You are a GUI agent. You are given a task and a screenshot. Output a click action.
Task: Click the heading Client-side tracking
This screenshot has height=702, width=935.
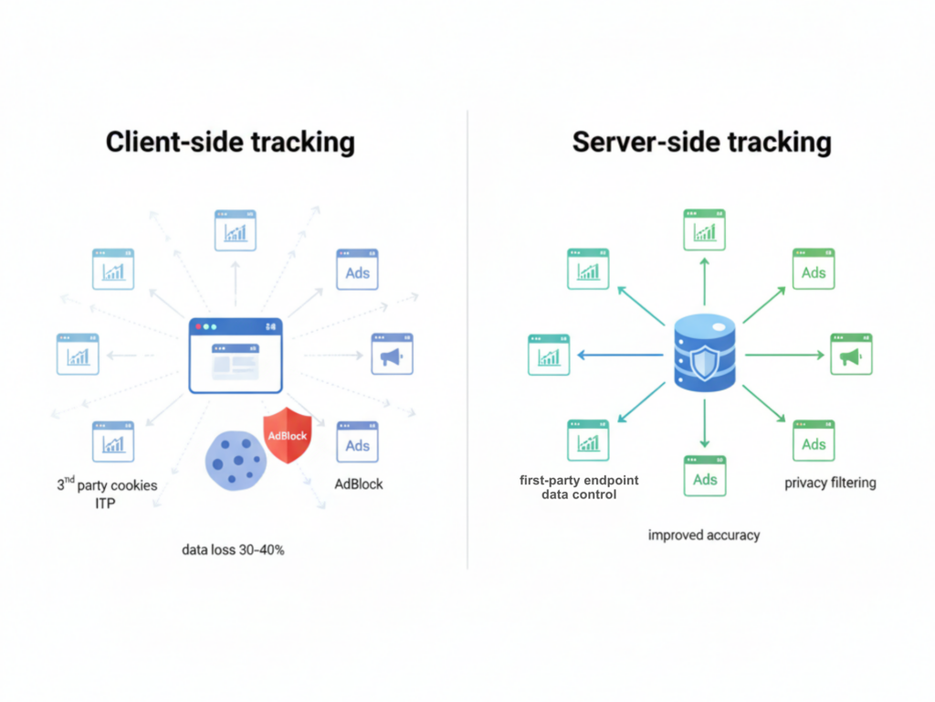(x=230, y=143)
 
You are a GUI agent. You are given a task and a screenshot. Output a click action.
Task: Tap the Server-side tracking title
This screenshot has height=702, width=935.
(x=701, y=143)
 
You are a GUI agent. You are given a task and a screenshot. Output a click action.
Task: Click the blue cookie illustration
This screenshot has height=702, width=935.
(x=236, y=461)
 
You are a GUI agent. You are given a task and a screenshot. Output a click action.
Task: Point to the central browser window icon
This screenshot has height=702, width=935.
(x=236, y=356)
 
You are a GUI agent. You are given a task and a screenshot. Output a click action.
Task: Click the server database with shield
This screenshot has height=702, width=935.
(x=704, y=356)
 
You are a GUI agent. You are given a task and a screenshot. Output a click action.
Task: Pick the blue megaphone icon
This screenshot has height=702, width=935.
(x=392, y=355)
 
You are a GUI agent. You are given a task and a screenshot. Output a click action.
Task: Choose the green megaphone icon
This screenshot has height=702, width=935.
(x=851, y=355)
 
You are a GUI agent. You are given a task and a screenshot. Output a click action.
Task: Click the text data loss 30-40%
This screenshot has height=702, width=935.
(x=233, y=549)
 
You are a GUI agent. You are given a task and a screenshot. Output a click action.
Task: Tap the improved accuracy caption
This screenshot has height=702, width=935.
(x=704, y=535)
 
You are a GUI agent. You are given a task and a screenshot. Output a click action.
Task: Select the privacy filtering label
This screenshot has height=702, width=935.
(x=830, y=483)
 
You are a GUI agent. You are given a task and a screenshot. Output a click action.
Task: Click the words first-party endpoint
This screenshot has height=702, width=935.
(x=579, y=480)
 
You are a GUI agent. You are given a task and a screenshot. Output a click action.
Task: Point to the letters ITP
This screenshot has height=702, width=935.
(x=105, y=503)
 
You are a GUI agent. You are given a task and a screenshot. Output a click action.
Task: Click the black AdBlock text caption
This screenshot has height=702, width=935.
(x=359, y=484)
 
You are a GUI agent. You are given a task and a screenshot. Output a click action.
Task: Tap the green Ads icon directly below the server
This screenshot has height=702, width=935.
(x=705, y=475)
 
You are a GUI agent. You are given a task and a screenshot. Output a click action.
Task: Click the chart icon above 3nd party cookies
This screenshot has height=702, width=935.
(x=113, y=441)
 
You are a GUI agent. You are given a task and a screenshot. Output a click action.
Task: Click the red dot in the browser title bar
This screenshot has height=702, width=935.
(x=199, y=326)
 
